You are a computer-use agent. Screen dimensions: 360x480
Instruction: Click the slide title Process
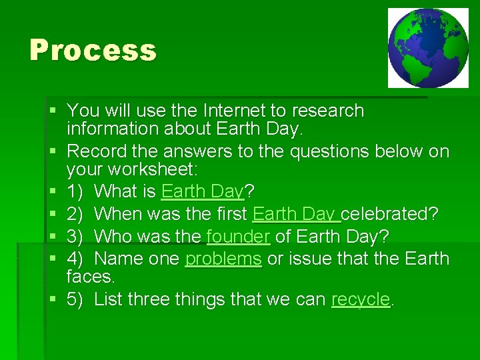click(x=93, y=51)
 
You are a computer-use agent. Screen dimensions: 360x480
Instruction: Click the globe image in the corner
click(x=428, y=48)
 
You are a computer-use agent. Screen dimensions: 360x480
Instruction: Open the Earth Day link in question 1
click(x=203, y=192)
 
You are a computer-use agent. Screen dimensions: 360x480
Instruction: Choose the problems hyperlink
click(x=223, y=258)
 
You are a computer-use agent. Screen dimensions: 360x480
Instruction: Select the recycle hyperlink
click(x=360, y=299)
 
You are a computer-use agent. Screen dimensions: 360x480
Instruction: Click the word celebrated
click(x=390, y=213)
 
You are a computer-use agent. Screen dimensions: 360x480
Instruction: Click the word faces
click(x=90, y=276)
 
